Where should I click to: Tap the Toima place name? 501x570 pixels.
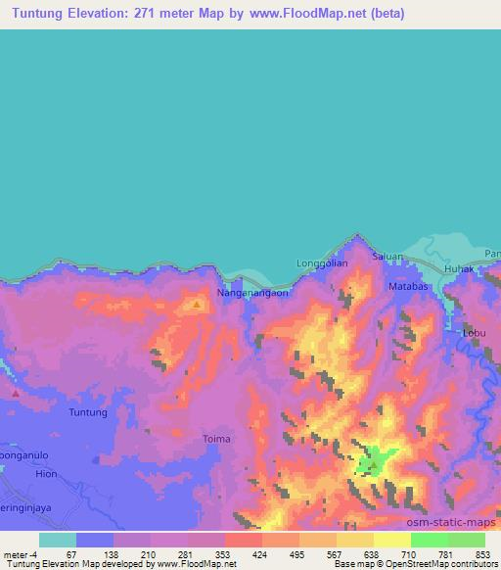(215, 439)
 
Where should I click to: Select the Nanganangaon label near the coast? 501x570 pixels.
(252, 292)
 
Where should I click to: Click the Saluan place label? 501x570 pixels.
(387, 256)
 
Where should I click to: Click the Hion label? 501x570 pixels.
(17, 472)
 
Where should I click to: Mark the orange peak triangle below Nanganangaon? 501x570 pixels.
(197, 305)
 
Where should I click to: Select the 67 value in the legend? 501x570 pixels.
(71, 553)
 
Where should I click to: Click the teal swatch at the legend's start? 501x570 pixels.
(57, 540)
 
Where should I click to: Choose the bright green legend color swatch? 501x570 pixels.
(429, 540)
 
